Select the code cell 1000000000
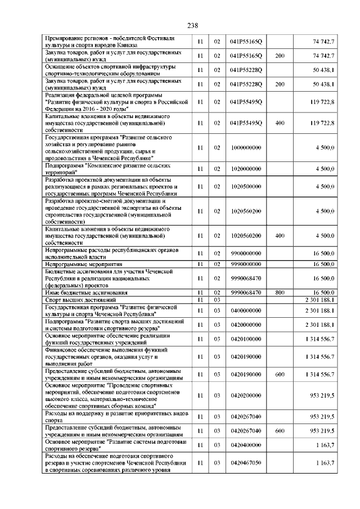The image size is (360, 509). point(246,147)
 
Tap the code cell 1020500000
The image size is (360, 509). point(246,186)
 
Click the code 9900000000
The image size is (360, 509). point(246,254)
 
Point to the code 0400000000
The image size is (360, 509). point(246,310)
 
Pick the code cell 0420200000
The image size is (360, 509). point(246,396)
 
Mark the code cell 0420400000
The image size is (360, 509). point(246,444)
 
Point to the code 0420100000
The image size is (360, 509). point(246,339)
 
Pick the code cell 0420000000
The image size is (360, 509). point(246,325)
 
